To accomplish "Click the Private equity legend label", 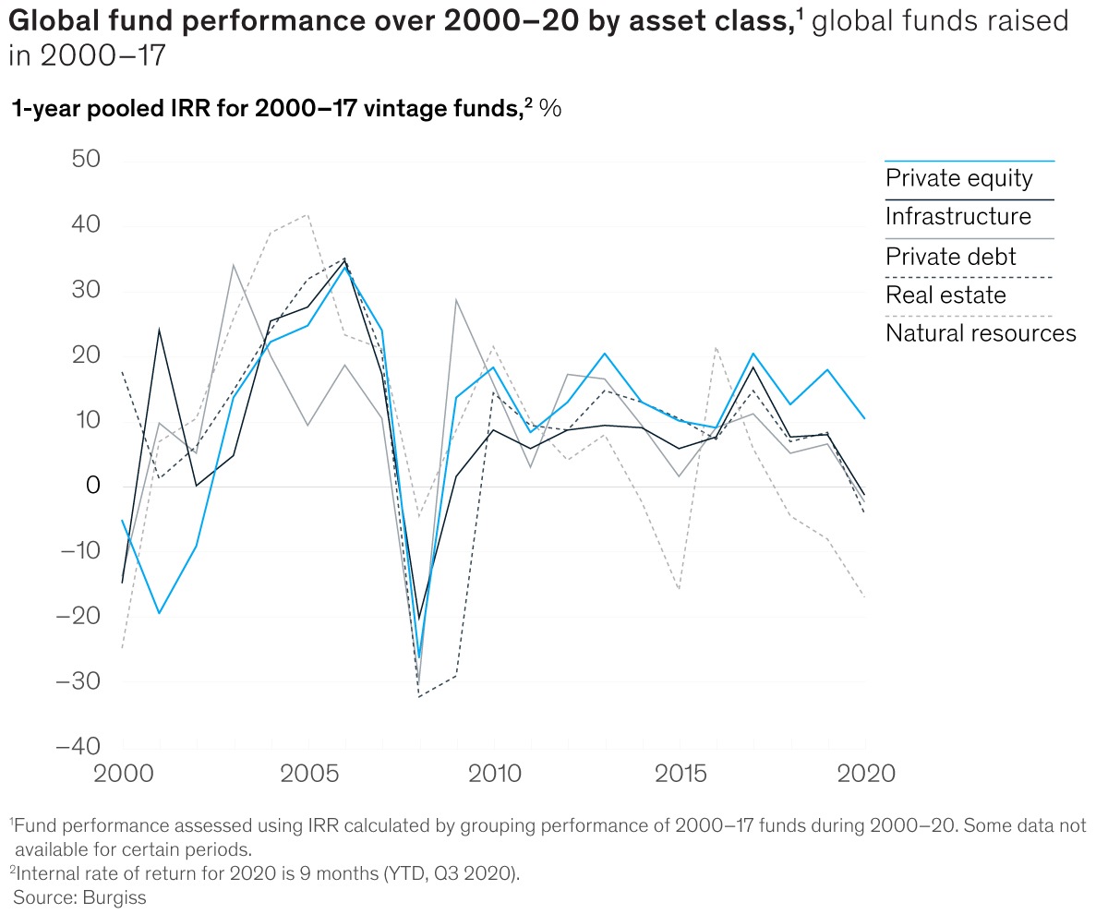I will pyautogui.click(x=958, y=178).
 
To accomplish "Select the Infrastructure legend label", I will pyautogui.click(x=957, y=217).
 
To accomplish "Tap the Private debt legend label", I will pyautogui.click(x=950, y=257).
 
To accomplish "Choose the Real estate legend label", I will pyautogui.click(x=945, y=295).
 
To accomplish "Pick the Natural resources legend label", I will pyautogui.click(x=981, y=333).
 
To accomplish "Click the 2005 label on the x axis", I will pyautogui.click(x=307, y=773).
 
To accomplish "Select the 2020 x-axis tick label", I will pyautogui.click(x=864, y=773).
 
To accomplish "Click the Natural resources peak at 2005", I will pyautogui.click(x=307, y=215).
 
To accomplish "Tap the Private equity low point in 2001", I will pyautogui.click(x=159, y=613).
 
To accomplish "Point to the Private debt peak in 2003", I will pyautogui.click(x=233, y=265).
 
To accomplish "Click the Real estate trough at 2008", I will pyautogui.click(x=420, y=697).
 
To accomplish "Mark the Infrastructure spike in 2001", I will pyautogui.click(x=159, y=330).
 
